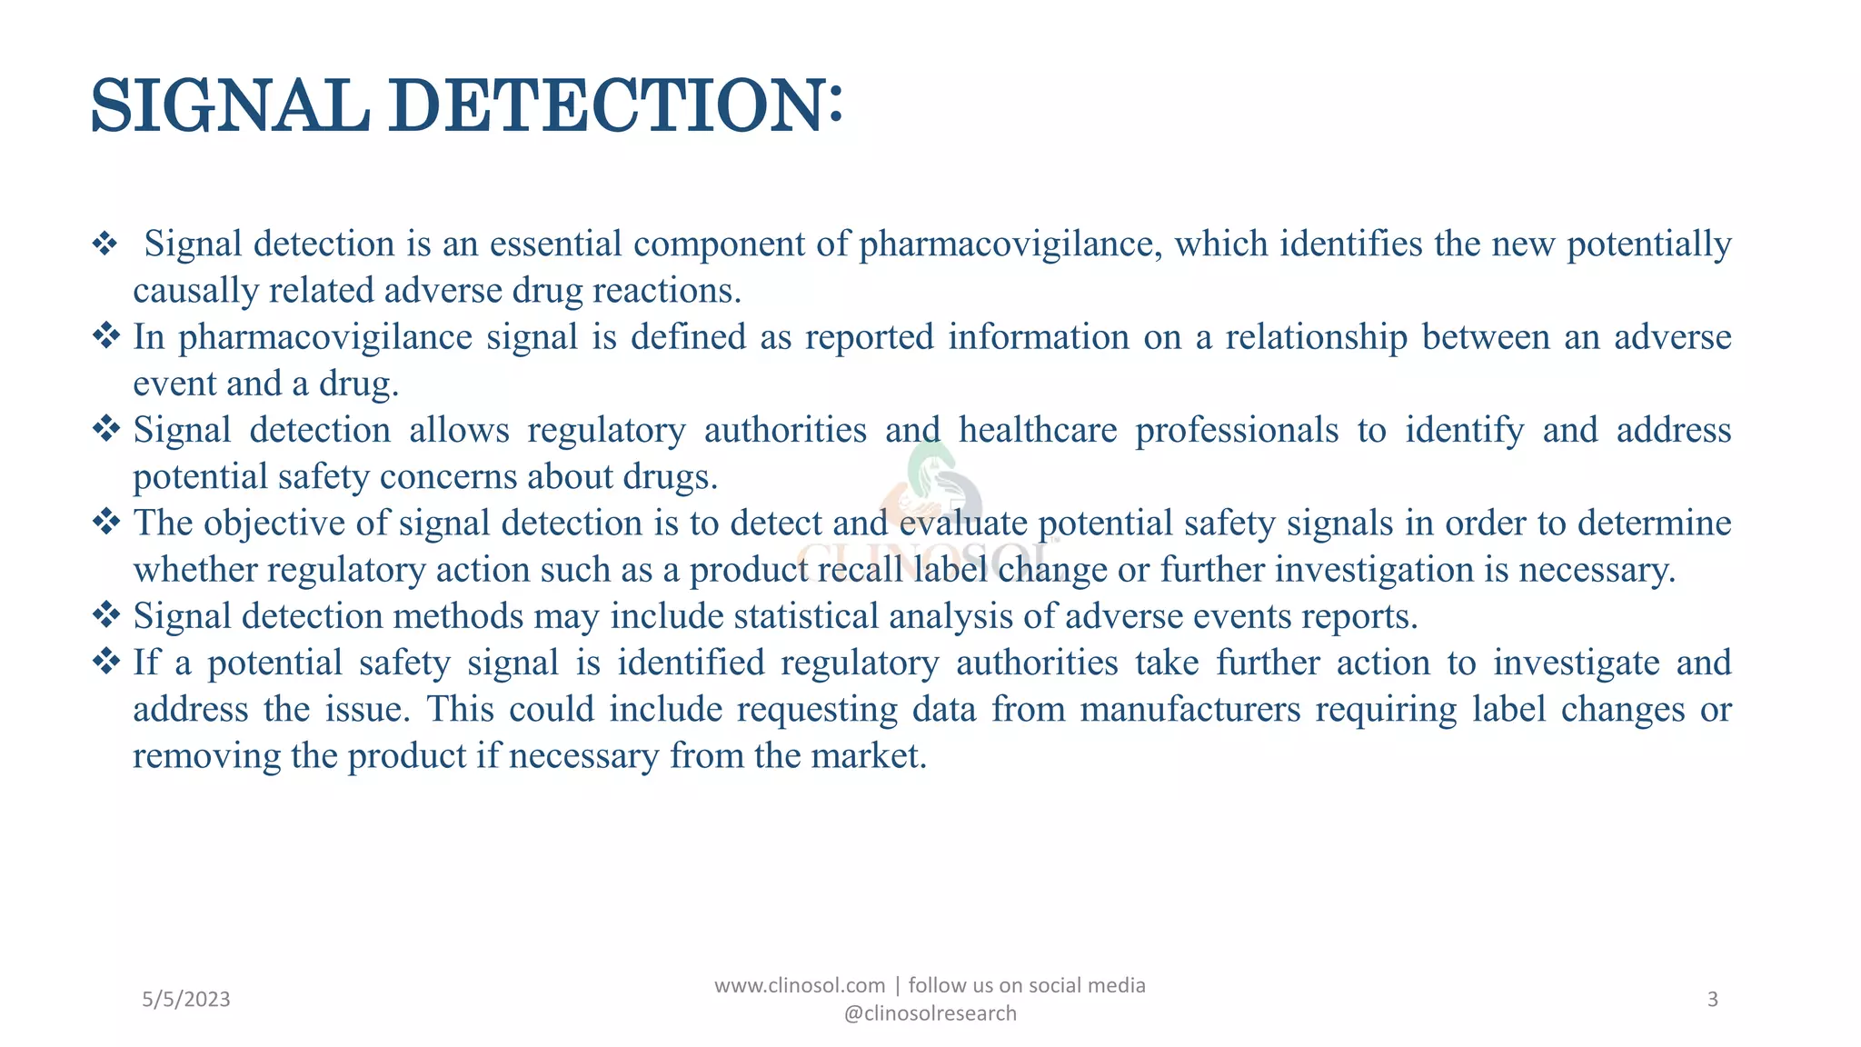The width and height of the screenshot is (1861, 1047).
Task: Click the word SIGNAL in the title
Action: [x=230, y=106]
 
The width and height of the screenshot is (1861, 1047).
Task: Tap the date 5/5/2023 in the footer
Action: [x=186, y=1000]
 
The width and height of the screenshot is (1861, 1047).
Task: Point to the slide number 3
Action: [x=1712, y=1000]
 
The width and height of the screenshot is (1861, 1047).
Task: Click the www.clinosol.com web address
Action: [x=800, y=985]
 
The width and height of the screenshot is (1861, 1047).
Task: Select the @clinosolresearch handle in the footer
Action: [x=930, y=1013]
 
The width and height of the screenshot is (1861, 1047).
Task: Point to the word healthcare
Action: [x=1038, y=430]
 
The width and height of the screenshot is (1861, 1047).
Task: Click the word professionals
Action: [x=1237, y=430]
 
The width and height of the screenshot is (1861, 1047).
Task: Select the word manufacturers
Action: [x=1190, y=709]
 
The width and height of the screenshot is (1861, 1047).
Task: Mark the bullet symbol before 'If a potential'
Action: [x=106, y=662]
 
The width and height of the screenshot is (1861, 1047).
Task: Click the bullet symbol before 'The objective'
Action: [x=106, y=522]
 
